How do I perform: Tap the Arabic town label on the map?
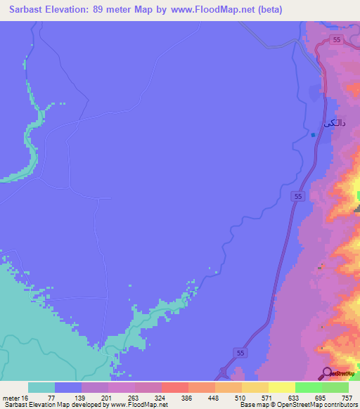pos(334,123)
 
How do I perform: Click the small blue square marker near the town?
pos(313,136)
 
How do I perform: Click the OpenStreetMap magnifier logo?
pos(327,372)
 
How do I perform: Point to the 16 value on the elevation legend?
pos(25,398)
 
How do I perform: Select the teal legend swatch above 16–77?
pos(41,387)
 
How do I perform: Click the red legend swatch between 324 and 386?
pos(175,387)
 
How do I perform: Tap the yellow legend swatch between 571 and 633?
pos(281,387)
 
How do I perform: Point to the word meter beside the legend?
pos(11,398)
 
